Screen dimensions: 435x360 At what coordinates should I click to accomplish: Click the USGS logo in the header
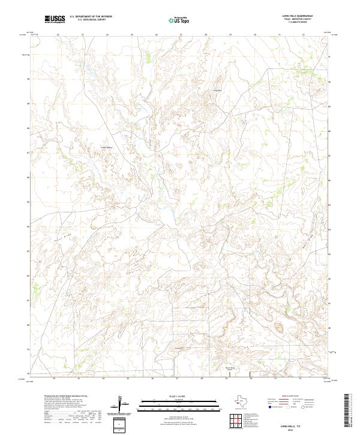(x=55, y=19)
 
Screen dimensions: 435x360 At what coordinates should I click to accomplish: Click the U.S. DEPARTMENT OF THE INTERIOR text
(x=91, y=16)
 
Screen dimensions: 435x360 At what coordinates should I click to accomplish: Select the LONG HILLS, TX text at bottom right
(x=296, y=424)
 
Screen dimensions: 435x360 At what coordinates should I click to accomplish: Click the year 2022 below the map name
(x=296, y=428)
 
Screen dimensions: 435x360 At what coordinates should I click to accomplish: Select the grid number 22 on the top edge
(x=58, y=35)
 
